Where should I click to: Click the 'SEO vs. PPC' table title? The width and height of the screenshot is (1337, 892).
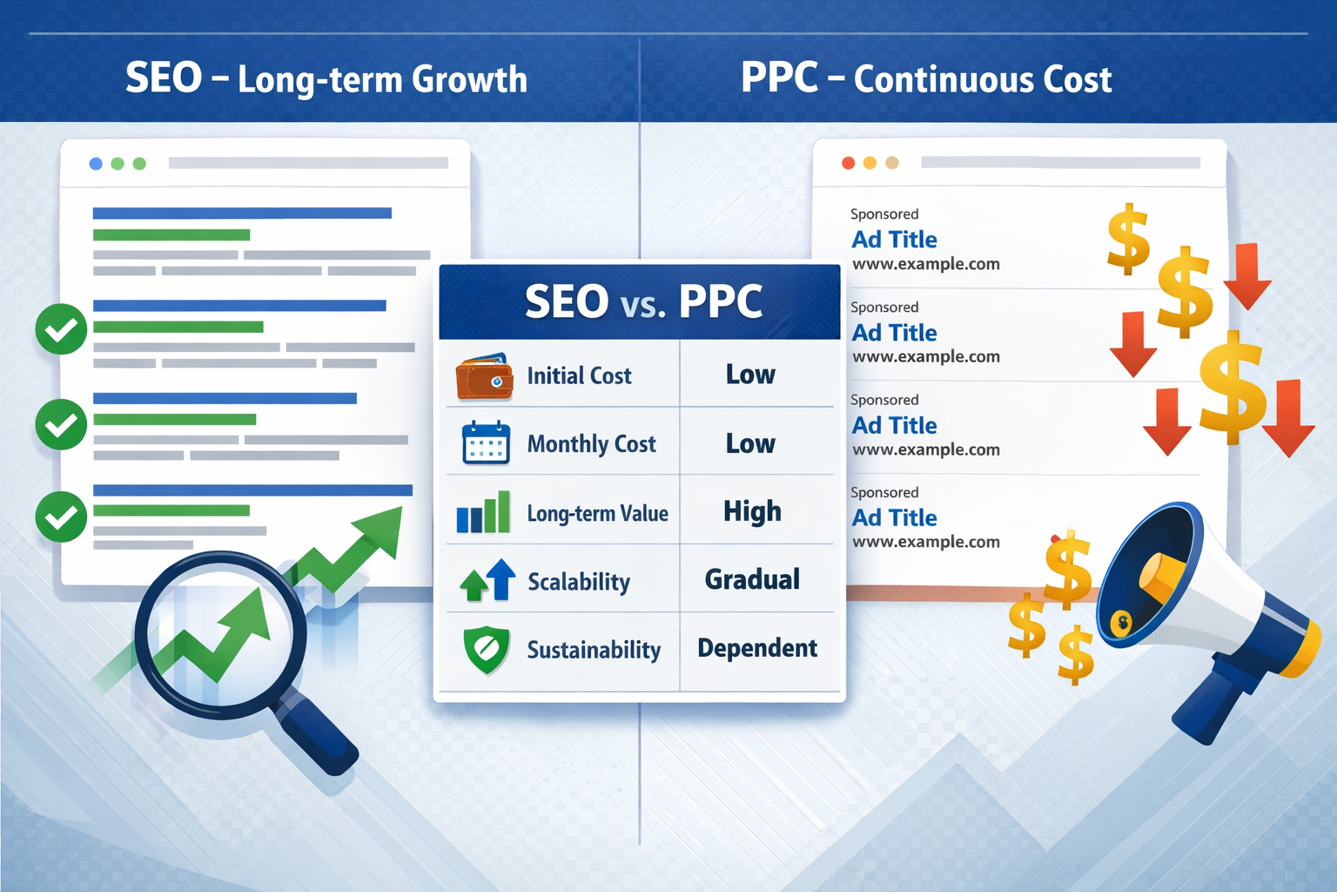[x=642, y=302]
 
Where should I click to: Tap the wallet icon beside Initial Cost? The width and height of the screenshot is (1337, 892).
[x=484, y=376]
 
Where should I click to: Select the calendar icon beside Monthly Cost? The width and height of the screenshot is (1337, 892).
[x=486, y=443]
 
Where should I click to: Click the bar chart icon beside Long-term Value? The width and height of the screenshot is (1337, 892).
[x=483, y=512]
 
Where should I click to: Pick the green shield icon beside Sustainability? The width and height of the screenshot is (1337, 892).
[x=487, y=650]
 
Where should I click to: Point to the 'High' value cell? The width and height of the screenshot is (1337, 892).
[x=752, y=511]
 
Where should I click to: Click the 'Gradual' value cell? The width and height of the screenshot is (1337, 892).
[x=752, y=579]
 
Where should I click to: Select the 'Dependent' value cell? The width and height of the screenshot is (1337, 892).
[x=756, y=648]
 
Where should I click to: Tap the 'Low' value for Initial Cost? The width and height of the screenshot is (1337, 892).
[x=750, y=375]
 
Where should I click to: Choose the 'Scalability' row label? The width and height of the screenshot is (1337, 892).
[x=579, y=582]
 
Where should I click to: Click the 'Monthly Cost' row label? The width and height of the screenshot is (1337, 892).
[x=591, y=444]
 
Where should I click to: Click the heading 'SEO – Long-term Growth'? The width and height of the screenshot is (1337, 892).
[x=326, y=79]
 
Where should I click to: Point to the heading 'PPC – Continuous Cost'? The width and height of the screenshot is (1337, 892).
[x=926, y=79]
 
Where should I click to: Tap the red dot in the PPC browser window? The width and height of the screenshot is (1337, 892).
[x=848, y=163]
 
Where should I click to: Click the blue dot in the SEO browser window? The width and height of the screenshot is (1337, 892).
[x=96, y=164]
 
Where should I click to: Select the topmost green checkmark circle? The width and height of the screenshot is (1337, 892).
[x=61, y=329]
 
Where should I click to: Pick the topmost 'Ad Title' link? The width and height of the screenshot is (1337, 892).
[x=894, y=240]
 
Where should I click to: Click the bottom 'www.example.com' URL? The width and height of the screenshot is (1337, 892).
[x=925, y=542]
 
